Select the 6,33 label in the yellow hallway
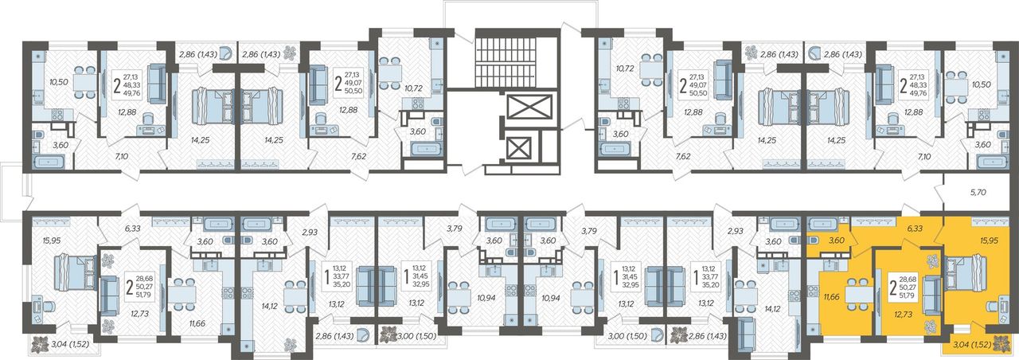915,229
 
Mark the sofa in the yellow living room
931,296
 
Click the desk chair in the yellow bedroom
993,308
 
